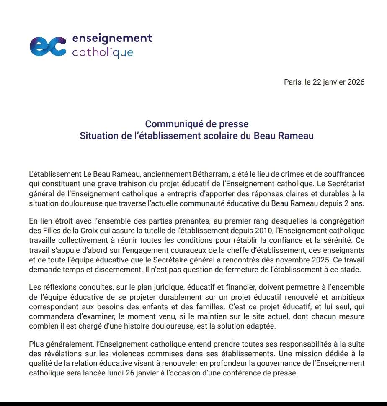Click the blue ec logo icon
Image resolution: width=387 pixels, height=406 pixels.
pyautogui.click(x=47, y=46)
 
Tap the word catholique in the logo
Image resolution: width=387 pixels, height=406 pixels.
pyautogui.click(x=103, y=53)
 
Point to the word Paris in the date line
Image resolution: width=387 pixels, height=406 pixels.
pyautogui.click(x=292, y=82)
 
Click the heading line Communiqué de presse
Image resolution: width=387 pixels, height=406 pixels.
pyautogui.click(x=196, y=124)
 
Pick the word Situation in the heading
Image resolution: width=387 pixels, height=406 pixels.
pyautogui.click(x=98, y=136)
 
